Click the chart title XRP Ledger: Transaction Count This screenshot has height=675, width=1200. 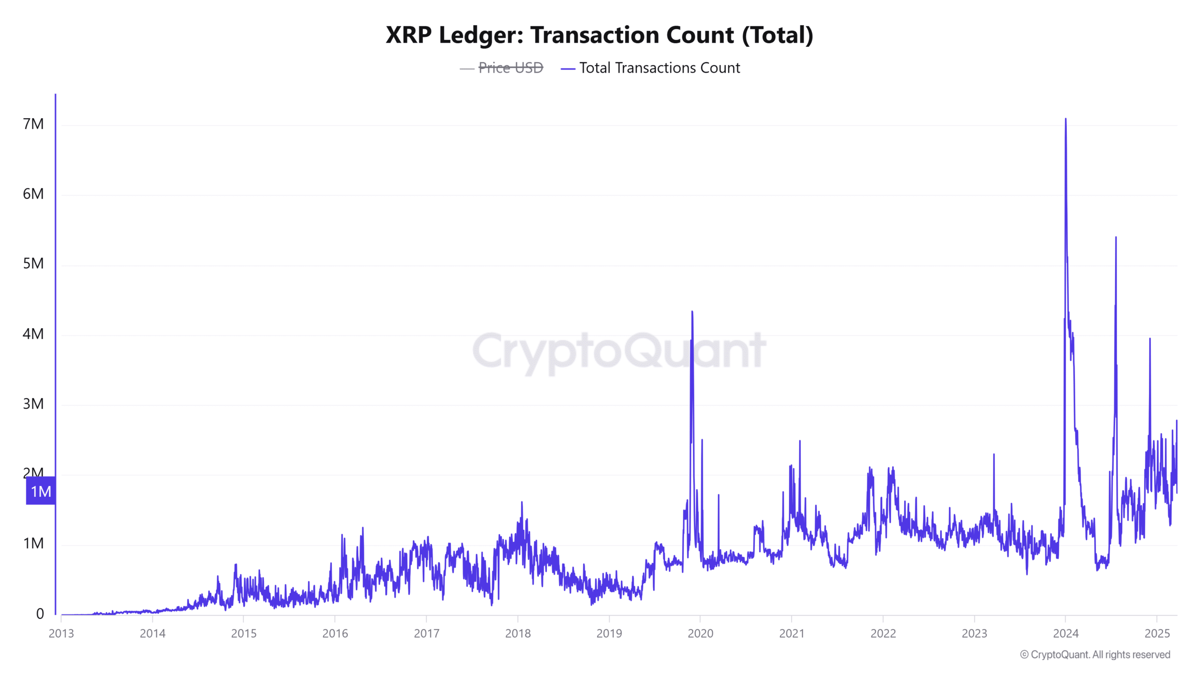pyautogui.click(x=599, y=35)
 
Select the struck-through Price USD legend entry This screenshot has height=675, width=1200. pyautogui.click(x=510, y=68)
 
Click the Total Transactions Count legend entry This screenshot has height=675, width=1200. pyautogui.click(x=659, y=68)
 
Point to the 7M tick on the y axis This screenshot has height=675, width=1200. pyautogui.click(x=33, y=124)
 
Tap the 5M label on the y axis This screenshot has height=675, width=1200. pyautogui.click(x=33, y=263)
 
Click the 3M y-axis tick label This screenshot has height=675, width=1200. pyautogui.click(x=33, y=404)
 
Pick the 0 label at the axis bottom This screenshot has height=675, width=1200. pyautogui.click(x=40, y=614)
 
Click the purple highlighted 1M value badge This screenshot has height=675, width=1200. pyautogui.click(x=41, y=491)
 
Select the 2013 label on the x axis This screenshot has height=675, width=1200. pyautogui.click(x=61, y=633)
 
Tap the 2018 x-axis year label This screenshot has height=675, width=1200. pyautogui.click(x=518, y=633)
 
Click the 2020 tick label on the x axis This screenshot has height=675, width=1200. pyautogui.click(x=700, y=633)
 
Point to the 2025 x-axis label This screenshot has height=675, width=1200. pyautogui.click(x=1157, y=633)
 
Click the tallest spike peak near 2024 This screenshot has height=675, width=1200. pyautogui.click(x=1065, y=120)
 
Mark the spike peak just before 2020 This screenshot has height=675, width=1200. pyautogui.click(x=692, y=312)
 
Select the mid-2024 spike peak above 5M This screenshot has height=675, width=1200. pyautogui.click(x=1116, y=238)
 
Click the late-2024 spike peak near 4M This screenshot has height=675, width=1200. pyautogui.click(x=1150, y=339)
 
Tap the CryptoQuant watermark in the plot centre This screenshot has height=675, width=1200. pyautogui.click(x=619, y=352)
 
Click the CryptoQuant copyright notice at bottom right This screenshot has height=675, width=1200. pyautogui.click(x=1095, y=654)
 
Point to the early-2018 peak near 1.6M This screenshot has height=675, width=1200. pyautogui.click(x=522, y=502)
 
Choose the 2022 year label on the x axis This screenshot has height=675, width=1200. pyautogui.click(x=883, y=633)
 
